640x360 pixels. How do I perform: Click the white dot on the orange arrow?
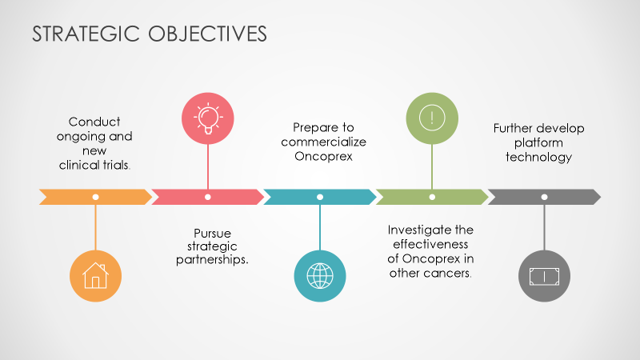(x=96, y=196)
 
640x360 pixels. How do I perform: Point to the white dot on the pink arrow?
(x=208, y=196)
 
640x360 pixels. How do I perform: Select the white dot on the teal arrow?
(x=320, y=196)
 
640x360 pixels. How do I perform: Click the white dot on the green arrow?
(x=432, y=196)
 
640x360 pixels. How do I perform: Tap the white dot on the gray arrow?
(x=544, y=196)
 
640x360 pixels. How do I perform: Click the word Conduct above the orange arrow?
(x=94, y=122)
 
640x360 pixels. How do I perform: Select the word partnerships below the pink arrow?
(x=210, y=261)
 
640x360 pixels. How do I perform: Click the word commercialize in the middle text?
(x=322, y=142)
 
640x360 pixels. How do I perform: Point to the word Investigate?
(x=418, y=230)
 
